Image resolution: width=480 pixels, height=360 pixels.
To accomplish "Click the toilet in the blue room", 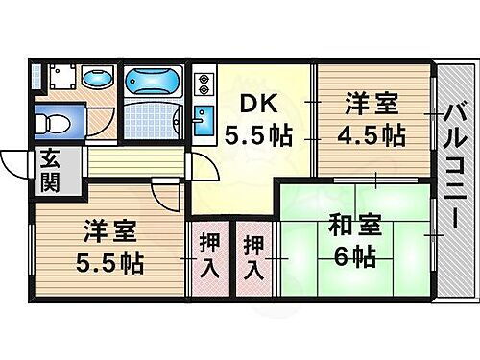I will click(53, 123).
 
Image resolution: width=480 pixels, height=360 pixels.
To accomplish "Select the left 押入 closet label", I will click(207, 254).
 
